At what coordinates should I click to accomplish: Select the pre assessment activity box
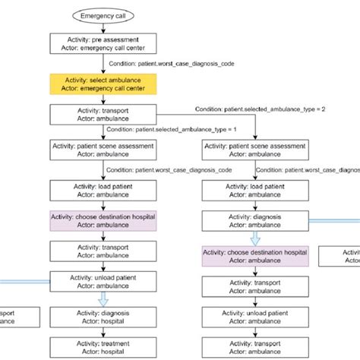point(103,42)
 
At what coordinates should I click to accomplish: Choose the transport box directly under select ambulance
point(103,114)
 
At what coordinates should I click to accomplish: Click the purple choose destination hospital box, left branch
point(103,220)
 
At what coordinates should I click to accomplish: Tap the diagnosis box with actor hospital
point(103,317)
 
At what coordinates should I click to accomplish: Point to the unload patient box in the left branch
point(103,283)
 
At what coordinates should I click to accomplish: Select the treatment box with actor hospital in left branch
point(103,348)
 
